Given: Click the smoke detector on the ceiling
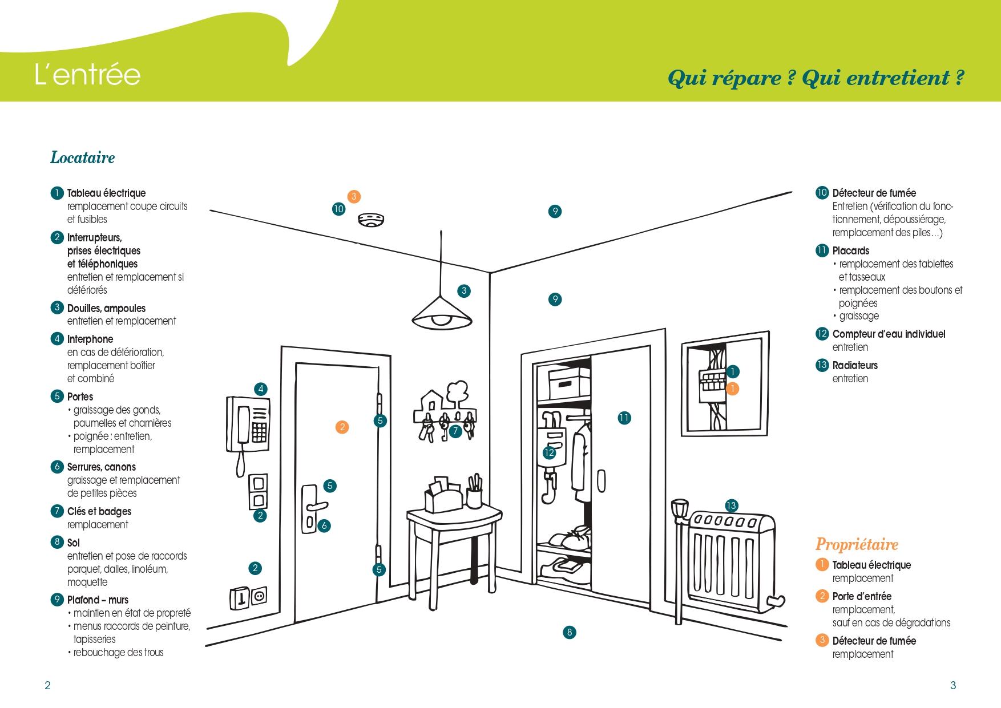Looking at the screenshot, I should point(371,219).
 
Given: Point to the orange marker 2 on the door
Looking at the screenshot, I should point(342,427).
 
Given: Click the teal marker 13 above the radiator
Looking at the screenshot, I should point(731,505).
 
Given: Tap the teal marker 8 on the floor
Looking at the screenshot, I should point(569,632).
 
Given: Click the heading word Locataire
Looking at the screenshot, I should point(83,157).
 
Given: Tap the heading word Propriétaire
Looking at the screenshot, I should point(857,544).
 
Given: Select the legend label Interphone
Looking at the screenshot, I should point(90,339).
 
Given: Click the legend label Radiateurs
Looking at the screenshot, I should point(855,366).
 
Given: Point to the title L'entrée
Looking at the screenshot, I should point(87,75).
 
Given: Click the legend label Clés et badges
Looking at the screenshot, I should point(99,512).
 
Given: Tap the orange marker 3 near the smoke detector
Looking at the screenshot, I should point(354,197).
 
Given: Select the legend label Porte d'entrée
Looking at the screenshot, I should point(862,597).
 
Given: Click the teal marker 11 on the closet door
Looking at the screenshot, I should point(624,418).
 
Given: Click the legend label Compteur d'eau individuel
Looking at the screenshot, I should point(889,334).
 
